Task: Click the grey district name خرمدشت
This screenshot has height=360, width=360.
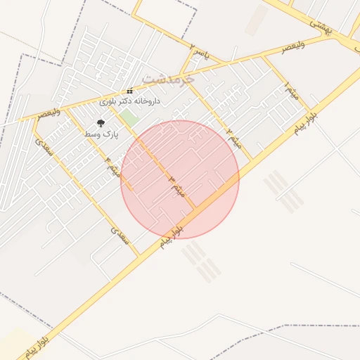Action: [168, 78]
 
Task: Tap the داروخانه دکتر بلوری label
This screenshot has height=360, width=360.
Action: [134, 101]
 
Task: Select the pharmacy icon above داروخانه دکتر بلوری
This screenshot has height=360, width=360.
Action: [129, 91]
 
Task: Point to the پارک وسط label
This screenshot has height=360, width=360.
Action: [101, 133]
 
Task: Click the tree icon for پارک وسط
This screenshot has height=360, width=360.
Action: [101, 123]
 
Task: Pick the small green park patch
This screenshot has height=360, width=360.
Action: [128, 117]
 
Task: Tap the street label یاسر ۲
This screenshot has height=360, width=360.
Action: [200, 51]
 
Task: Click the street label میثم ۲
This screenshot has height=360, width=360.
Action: [235, 139]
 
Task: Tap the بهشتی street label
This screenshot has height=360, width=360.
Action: [320, 25]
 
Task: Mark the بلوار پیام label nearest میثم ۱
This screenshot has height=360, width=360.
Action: [305, 120]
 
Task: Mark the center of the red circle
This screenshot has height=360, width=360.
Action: [180, 179]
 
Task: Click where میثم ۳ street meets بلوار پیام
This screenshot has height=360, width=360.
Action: [195, 209]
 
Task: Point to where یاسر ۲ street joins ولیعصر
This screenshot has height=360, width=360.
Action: [181, 72]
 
